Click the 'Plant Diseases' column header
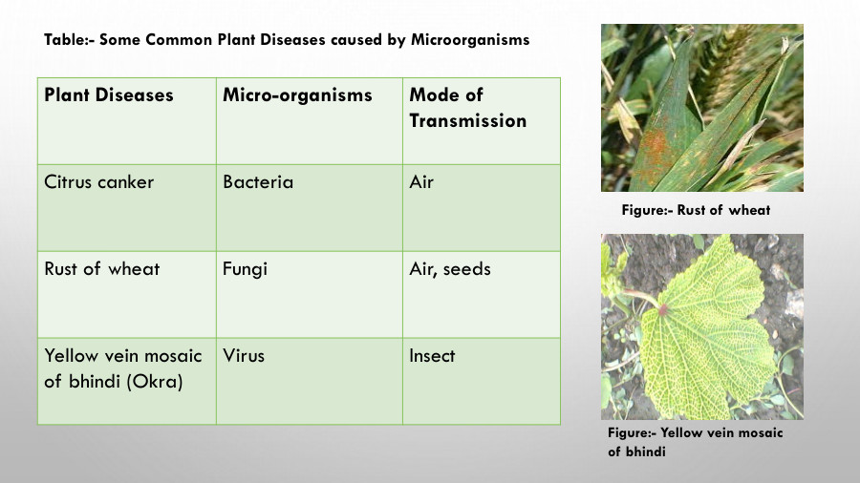[x=109, y=95]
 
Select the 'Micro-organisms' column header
[x=297, y=95]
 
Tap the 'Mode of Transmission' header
[x=467, y=108]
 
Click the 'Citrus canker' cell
[x=99, y=181]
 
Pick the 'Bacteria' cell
[x=258, y=181]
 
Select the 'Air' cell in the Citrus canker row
[x=421, y=181]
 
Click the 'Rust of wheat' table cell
[x=102, y=268]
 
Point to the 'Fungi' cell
[x=246, y=268]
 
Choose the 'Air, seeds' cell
[x=450, y=268]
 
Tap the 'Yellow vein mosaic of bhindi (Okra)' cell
[x=122, y=368]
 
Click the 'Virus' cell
[x=244, y=356]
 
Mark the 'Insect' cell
[x=432, y=356]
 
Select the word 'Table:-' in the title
[x=69, y=41]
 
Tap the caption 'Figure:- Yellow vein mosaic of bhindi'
[x=696, y=442]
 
